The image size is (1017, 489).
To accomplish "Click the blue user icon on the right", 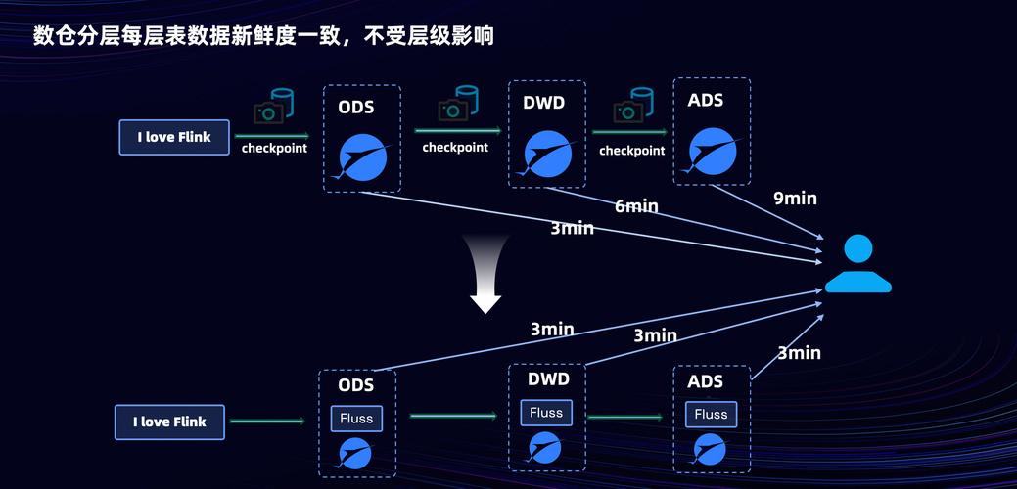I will (x=857, y=264).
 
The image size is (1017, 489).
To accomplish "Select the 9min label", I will (x=795, y=199).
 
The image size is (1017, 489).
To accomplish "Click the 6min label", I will (x=636, y=206).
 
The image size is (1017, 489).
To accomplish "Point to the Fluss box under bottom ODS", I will (x=356, y=419).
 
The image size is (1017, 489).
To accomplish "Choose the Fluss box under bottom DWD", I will (x=546, y=413).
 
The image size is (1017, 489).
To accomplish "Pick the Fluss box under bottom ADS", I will (x=711, y=415).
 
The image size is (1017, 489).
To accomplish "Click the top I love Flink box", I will (x=174, y=137).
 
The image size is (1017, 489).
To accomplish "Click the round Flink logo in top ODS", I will (x=362, y=156).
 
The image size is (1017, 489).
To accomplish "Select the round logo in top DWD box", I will (x=546, y=153).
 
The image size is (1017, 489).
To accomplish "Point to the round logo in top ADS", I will (x=712, y=150).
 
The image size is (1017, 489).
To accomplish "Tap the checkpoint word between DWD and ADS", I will (x=631, y=151).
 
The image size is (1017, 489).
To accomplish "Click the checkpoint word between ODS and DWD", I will (x=454, y=148).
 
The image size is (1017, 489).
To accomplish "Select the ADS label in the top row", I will (x=706, y=100).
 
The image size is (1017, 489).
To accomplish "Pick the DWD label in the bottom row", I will (x=548, y=378).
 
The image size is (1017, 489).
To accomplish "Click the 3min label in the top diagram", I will (x=572, y=228).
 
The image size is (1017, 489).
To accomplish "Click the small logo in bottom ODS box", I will (x=354, y=453).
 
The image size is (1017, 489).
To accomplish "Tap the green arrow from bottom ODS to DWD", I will (x=452, y=417).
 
